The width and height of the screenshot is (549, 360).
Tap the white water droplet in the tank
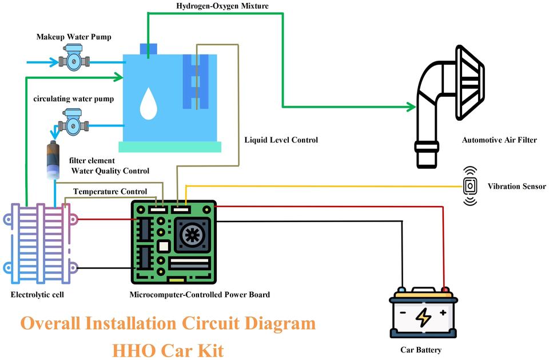[x=149, y=104]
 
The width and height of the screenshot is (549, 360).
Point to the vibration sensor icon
[x=470, y=186]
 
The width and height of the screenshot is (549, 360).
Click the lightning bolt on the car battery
[x=423, y=317]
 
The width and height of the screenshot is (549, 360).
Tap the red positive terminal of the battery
[x=445, y=290]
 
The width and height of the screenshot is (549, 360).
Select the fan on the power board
[x=190, y=235]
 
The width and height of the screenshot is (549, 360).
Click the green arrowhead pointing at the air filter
[x=410, y=106]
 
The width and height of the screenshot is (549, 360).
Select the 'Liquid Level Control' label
[x=281, y=140]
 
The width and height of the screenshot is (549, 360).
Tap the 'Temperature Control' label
[x=110, y=191]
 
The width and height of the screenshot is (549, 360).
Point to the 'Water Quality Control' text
[x=110, y=171]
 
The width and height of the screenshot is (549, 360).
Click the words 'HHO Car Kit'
[x=168, y=348]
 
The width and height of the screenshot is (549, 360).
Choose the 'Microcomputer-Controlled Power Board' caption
[x=200, y=295]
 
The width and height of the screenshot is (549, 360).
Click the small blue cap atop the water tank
[x=148, y=49]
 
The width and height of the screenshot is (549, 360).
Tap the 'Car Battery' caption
[x=421, y=350]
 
